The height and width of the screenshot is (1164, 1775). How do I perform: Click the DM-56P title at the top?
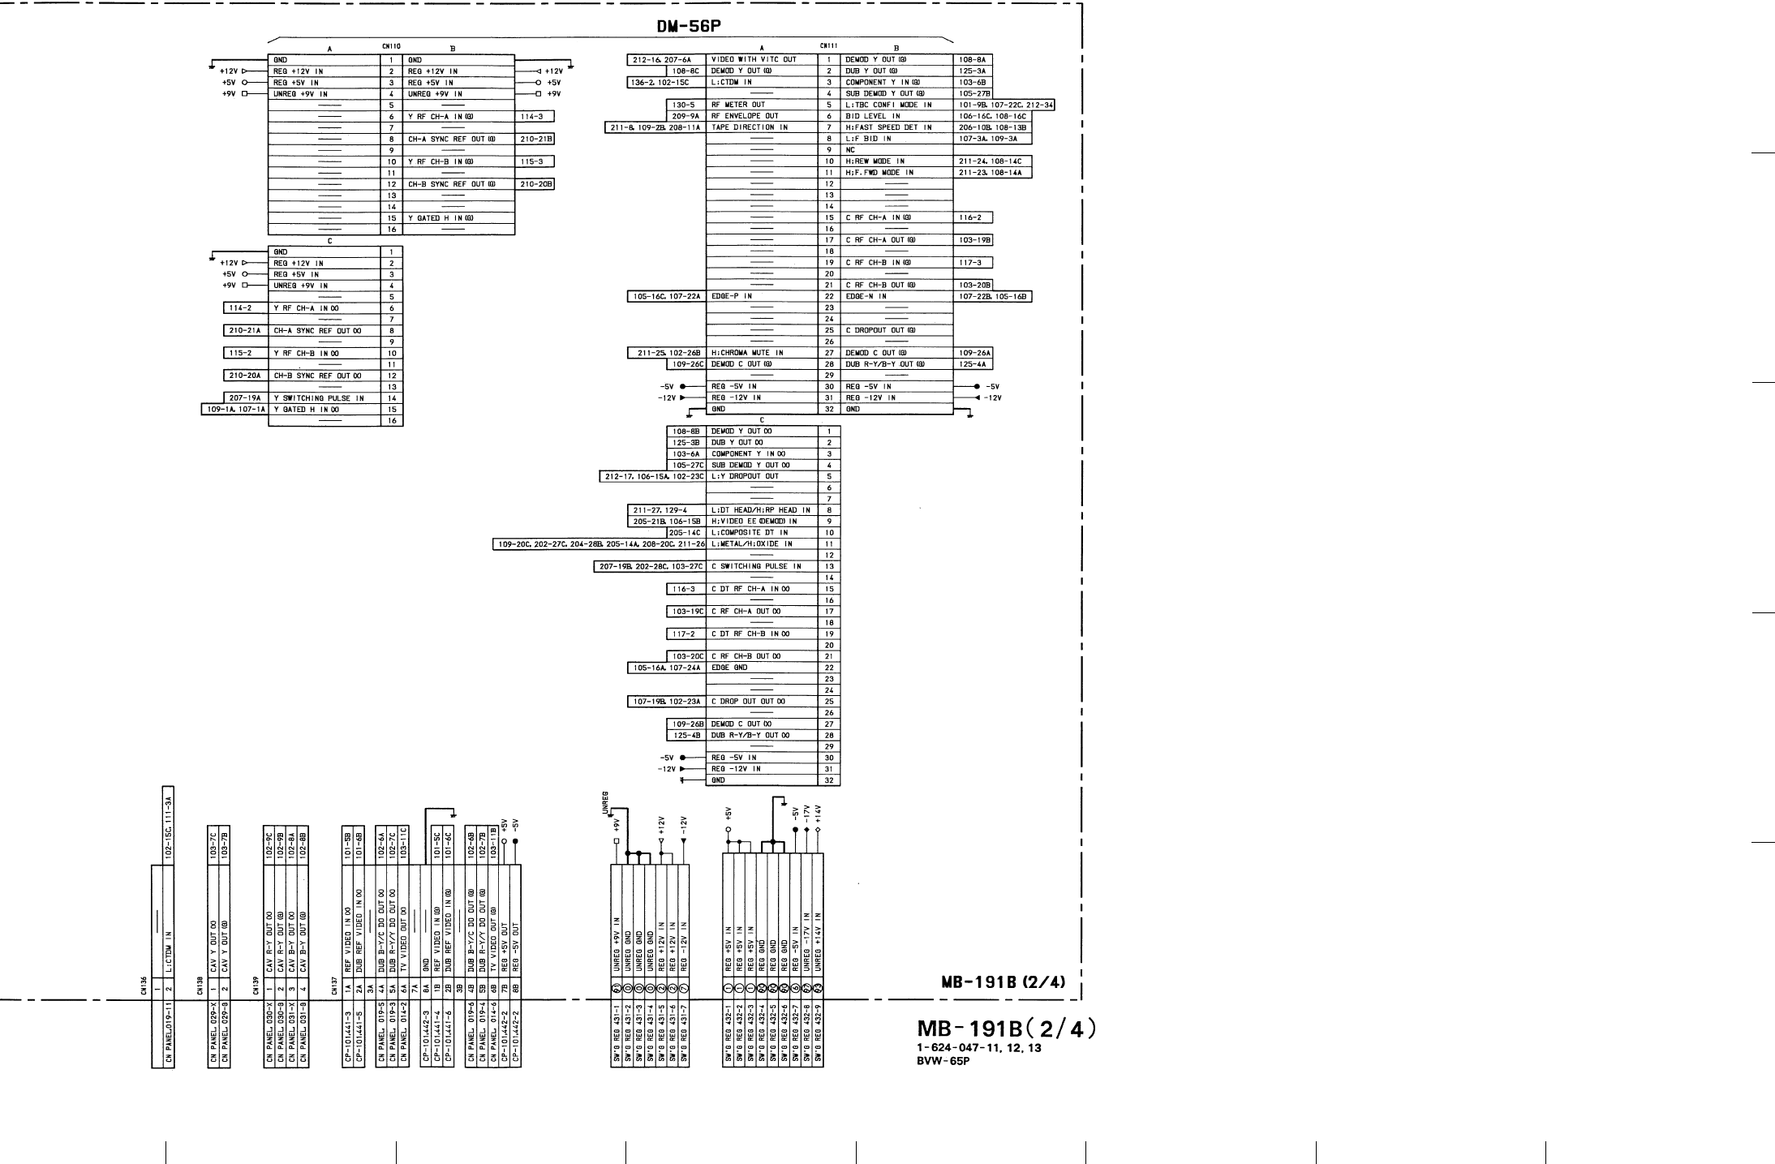688,28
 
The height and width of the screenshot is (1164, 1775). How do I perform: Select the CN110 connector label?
391,46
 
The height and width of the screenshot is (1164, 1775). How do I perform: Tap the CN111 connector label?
829,46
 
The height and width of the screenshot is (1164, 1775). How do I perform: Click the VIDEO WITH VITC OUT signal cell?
754,59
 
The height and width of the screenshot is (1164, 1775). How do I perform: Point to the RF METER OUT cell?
737,105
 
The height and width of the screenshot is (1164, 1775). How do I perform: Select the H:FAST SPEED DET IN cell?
888,127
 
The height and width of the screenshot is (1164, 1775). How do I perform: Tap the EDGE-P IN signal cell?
731,296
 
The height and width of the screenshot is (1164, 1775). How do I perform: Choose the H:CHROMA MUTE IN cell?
747,353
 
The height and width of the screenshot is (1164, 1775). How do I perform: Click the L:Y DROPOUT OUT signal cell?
744,476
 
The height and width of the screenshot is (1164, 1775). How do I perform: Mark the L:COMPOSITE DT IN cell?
749,532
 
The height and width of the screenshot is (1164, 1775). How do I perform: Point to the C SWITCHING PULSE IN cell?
755,566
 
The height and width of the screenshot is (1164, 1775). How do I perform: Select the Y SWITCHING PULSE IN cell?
318,398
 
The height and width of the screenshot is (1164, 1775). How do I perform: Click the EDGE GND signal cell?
729,668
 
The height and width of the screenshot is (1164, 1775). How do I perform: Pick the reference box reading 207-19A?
244,398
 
